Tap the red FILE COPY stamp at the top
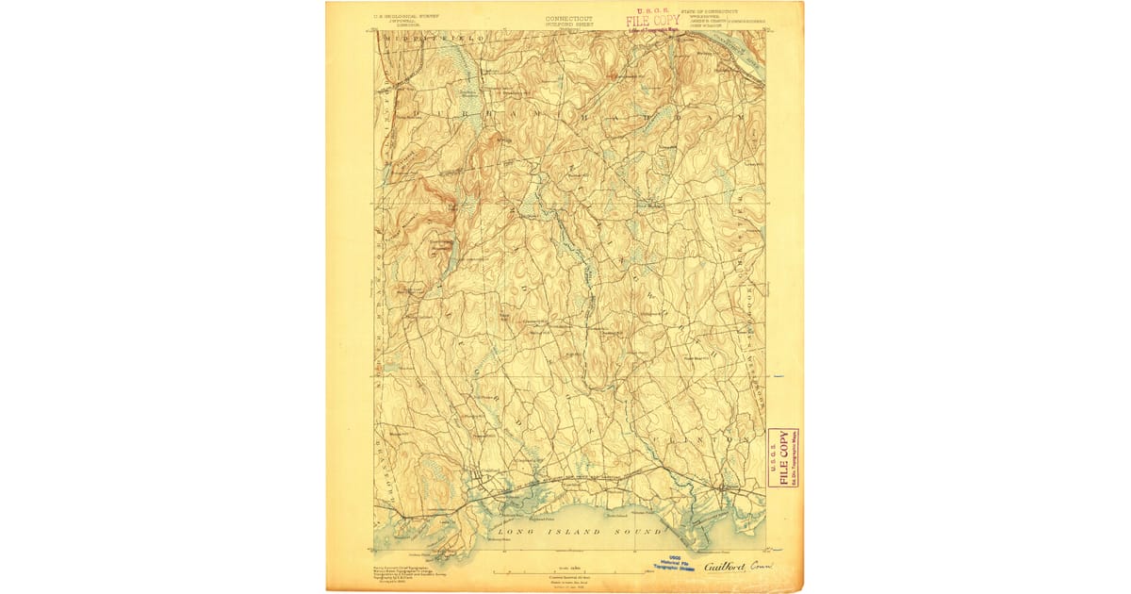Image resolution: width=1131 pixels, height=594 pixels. point(653,20)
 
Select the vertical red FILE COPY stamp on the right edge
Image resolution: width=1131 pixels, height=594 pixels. point(781,457)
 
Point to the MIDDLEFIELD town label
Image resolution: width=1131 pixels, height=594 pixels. point(434,37)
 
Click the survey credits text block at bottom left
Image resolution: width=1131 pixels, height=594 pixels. point(397,573)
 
